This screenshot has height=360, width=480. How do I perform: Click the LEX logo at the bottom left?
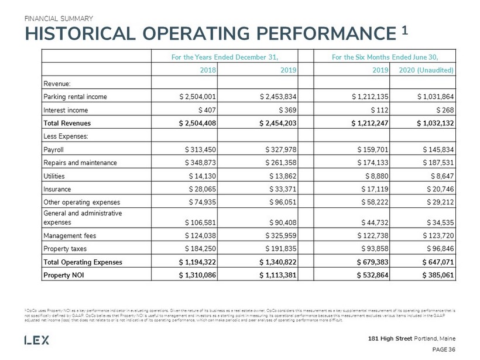coord(37,340)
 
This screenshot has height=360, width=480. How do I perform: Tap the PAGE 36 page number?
coord(444,349)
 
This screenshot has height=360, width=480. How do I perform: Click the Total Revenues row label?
coord(67,124)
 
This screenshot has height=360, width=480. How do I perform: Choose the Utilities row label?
coord(53,176)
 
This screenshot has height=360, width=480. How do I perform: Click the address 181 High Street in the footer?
coord(388,339)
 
